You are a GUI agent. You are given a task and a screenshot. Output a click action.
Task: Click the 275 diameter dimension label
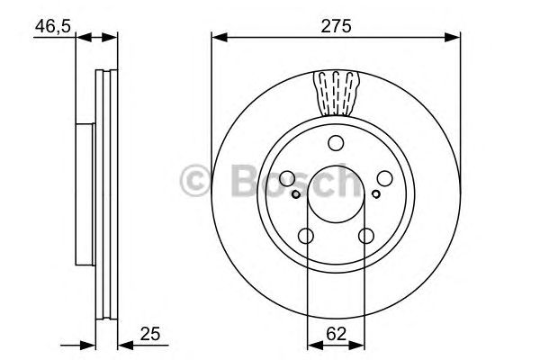335,26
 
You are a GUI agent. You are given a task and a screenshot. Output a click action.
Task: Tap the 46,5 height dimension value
52,26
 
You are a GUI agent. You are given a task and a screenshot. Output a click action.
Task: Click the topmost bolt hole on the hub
336,142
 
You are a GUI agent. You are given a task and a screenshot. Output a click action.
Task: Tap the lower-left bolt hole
306,236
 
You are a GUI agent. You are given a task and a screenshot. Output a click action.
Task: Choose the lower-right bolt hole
365,236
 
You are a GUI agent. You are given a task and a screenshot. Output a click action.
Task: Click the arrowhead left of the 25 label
123,343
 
